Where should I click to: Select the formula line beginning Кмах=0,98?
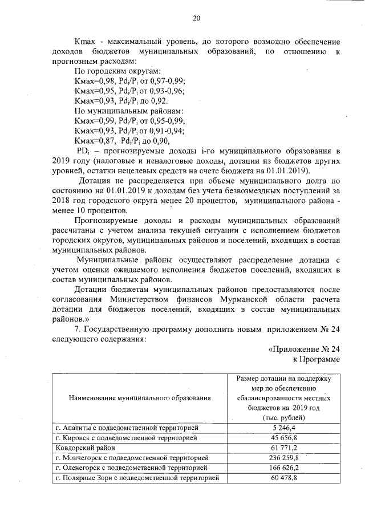pos(138,81)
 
